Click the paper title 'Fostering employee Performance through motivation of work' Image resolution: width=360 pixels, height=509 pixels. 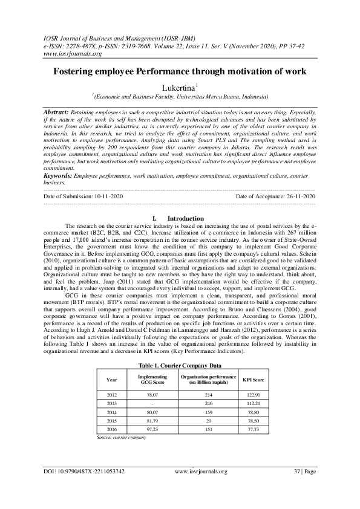click(x=180, y=71)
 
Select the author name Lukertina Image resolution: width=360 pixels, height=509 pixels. click(x=180, y=88)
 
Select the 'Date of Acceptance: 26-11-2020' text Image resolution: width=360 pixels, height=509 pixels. click(x=275, y=196)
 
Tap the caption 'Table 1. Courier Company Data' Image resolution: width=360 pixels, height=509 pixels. click(x=180, y=365)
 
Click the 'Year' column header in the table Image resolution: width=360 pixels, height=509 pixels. click(x=112, y=379)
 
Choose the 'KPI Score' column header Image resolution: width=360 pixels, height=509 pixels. click(x=255, y=379)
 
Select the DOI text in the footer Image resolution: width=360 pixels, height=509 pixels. click(x=84, y=471)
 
